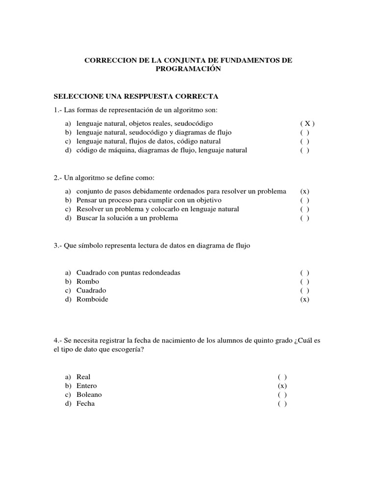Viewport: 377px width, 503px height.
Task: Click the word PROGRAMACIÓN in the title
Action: tap(188, 69)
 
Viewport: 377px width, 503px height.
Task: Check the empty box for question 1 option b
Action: tap(305, 133)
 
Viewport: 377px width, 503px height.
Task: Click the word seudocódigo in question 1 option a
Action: tap(194, 123)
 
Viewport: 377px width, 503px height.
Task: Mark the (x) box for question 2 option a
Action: tap(305, 192)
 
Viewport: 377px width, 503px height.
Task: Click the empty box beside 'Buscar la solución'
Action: tap(305, 218)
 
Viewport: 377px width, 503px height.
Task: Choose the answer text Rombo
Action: tap(88, 281)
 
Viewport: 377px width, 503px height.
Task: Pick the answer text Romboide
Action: tap(92, 299)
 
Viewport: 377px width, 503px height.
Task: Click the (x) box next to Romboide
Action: tap(305, 300)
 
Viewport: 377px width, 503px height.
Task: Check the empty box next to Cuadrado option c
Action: tap(305, 291)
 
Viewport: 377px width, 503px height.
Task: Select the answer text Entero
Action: tap(87, 386)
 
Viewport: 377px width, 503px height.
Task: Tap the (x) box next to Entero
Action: tap(282, 386)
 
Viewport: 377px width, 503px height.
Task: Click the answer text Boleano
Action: tap(89, 395)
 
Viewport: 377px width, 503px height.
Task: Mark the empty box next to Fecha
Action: tap(282, 404)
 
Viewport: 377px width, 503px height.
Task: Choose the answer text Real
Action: tap(83, 377)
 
